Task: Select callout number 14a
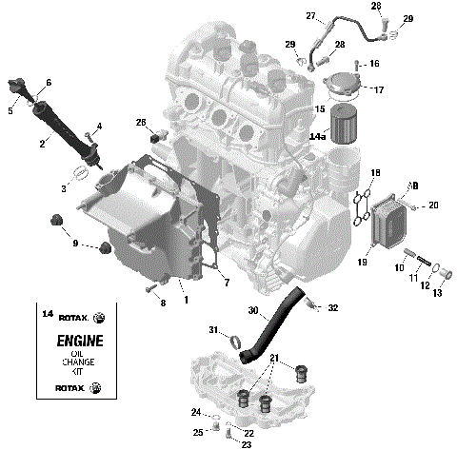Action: point(318,137)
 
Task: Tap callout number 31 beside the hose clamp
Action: point(214,328)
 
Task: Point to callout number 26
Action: point(140,122)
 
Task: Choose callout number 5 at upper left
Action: point(11,110)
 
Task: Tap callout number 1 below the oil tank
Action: point(187,300)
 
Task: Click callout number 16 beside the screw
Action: point(374,64)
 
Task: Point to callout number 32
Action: point(332,308)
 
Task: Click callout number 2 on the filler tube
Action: point(42,144)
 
